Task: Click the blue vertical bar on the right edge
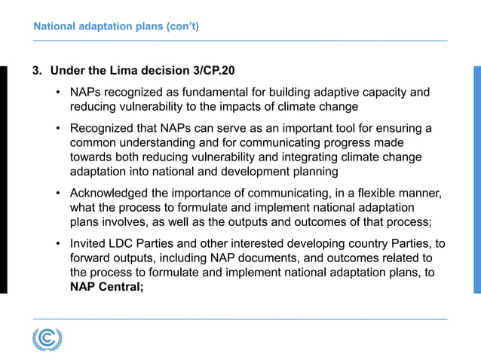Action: coord(476,179)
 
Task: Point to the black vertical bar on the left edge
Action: coord(3,179)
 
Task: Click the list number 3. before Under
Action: coord(37,71)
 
